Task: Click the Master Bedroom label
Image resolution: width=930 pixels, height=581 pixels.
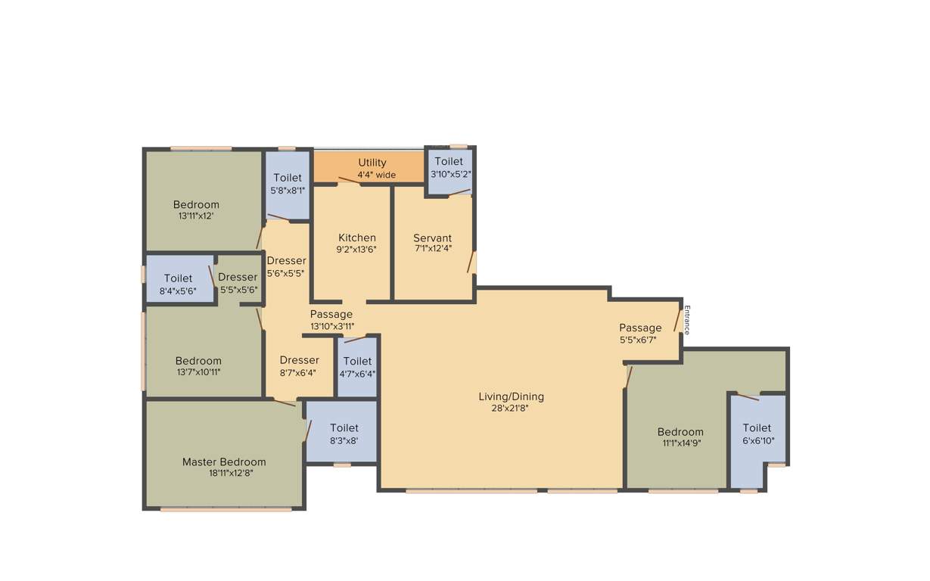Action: pos(224,462)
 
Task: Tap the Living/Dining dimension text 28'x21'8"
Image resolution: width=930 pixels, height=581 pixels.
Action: pos(511,409)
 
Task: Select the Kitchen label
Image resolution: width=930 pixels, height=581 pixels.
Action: pos(356,238)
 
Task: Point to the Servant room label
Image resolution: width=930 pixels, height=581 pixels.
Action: pos(432,238)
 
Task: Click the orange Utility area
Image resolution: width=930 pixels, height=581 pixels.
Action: pos(372,167)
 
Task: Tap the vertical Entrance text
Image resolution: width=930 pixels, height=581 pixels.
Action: pos(687,319)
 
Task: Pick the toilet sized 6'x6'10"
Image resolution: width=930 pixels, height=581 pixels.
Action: pos(756,434)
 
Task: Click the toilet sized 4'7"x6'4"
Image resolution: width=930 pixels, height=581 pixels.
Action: pos(357,367)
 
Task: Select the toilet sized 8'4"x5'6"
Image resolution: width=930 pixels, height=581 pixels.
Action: pos(178,284)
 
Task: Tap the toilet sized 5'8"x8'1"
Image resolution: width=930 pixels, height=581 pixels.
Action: pos(288,184)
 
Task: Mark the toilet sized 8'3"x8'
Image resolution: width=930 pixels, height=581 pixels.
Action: pos(343,433)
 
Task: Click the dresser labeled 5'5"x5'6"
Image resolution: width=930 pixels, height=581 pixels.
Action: pos(238,283)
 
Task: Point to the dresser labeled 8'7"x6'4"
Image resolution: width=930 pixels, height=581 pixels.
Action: pos(299,365)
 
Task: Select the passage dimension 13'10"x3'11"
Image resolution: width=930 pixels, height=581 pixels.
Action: pos(331,327)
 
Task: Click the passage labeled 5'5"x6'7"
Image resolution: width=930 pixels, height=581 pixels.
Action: pos(640,334)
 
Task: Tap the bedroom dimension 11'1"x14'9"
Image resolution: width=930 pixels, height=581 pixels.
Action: pos(681,443)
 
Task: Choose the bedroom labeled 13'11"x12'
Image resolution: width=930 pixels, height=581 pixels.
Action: pos(196,210)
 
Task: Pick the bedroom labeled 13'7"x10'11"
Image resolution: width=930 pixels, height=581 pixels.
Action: pos(198,366)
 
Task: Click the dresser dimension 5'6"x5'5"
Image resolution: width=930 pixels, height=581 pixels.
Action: pos(286,273)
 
